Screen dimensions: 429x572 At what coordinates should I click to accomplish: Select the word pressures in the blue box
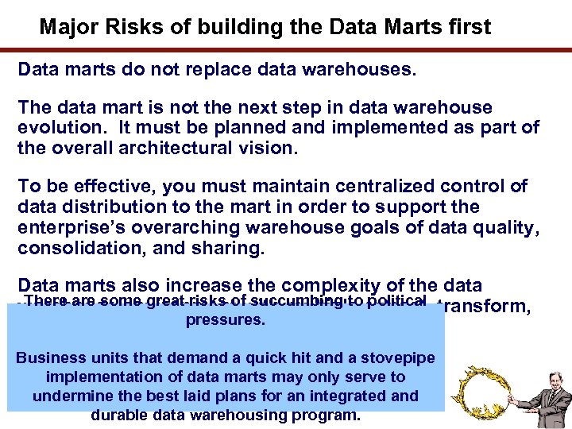coord(225,319)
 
